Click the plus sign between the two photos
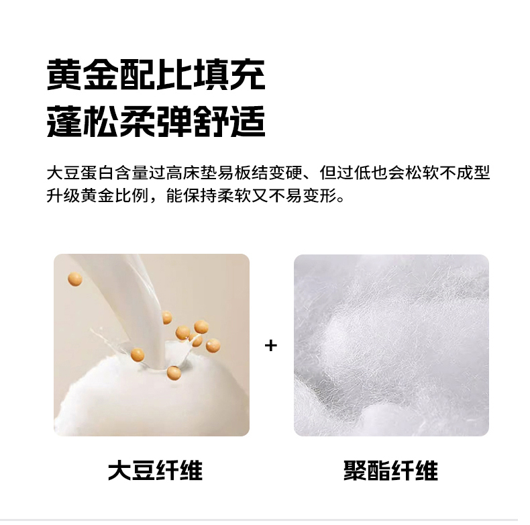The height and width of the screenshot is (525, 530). point(271,345)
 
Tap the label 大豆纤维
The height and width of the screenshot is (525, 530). point(155,470)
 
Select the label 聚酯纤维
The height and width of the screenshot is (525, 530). point(390,470)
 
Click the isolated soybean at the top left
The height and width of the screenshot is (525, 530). point(75,279)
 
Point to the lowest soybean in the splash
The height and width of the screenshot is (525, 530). point(174,373)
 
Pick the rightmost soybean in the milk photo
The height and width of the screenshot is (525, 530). point(213,346)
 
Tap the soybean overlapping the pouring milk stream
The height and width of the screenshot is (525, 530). point(166,318)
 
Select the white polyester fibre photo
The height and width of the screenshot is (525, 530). point(391,345)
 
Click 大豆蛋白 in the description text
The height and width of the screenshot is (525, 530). point(81,173)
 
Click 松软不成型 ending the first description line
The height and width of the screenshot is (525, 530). point(447,173)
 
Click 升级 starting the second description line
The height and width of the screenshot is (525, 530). point(64,195)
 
